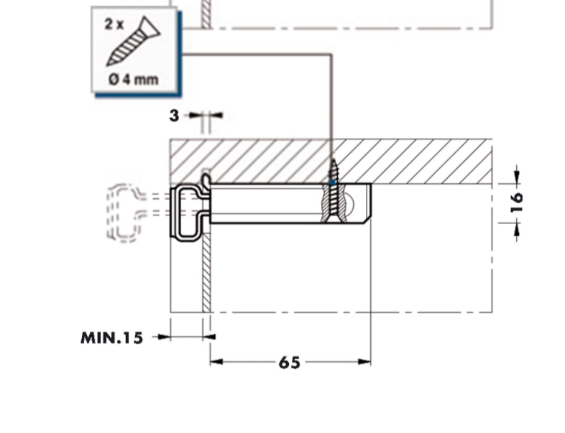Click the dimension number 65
pos(290,363)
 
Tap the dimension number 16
pos(517,203)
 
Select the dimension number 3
pos(174,116)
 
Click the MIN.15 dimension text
pos(111,338)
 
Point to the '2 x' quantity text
pos(114,24)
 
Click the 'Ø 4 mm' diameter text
pos(133,79)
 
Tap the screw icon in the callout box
pos(133,41)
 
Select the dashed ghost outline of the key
pos(124,213)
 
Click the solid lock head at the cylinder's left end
pos(188,213)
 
